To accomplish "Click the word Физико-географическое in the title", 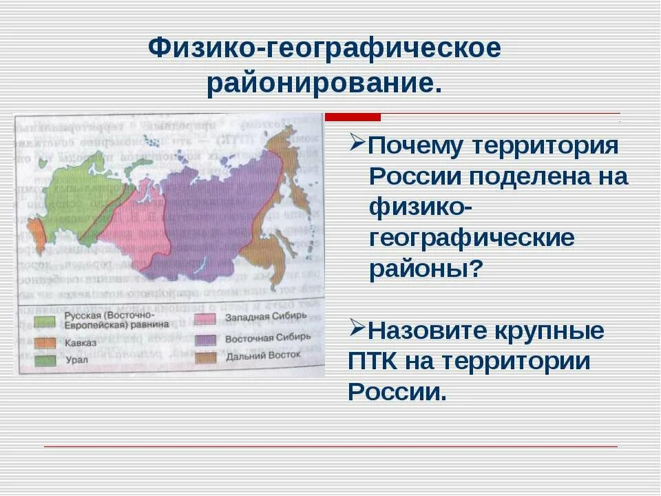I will pyautogui.click(x=325, y=48).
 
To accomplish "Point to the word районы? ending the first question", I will pyautogui.click(x=424, y=267).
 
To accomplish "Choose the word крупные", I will pyautogui.click(x=558, y=331).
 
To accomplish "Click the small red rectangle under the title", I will pyautogui.click(x=352, y=116).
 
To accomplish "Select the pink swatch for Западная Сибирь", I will pyautogui.click(x=204, y=319).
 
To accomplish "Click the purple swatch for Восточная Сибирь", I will pyautogui.click(x=204, y=339).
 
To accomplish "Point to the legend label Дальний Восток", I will pyautogui.click(x=253, y=357).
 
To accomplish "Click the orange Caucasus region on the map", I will pyautogui.click(x=36, y=234).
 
